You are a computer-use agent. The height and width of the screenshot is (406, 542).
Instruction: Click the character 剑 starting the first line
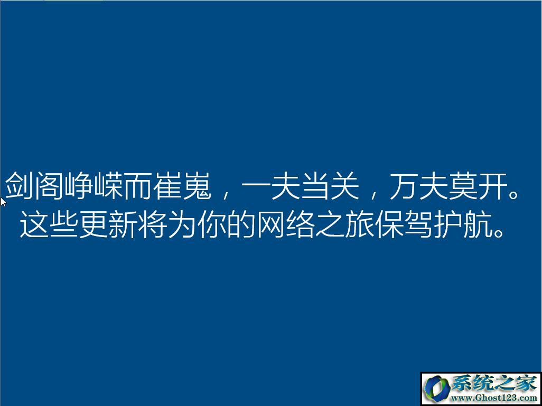coord(20,185)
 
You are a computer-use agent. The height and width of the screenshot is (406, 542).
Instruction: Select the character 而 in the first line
coord(137,185)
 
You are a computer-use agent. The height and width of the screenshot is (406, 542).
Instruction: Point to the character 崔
coord(167,185)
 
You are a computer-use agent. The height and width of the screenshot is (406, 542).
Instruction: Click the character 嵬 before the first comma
coord(197,185)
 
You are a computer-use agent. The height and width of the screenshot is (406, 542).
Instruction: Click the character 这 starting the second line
coord(34,223)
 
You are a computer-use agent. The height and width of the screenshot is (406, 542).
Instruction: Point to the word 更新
coord(108,223)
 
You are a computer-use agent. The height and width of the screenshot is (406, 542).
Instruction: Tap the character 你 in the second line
coord(211,223)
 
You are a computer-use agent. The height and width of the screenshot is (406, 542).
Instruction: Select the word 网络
coord(285,223)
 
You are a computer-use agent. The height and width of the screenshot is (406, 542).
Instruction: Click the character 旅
coord(360,223)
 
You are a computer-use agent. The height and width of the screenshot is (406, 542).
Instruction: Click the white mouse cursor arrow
coord(3,202)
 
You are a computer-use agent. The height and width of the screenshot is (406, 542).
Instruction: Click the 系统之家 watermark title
coord(494,384)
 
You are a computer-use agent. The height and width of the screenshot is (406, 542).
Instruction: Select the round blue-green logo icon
coord(437,389)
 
